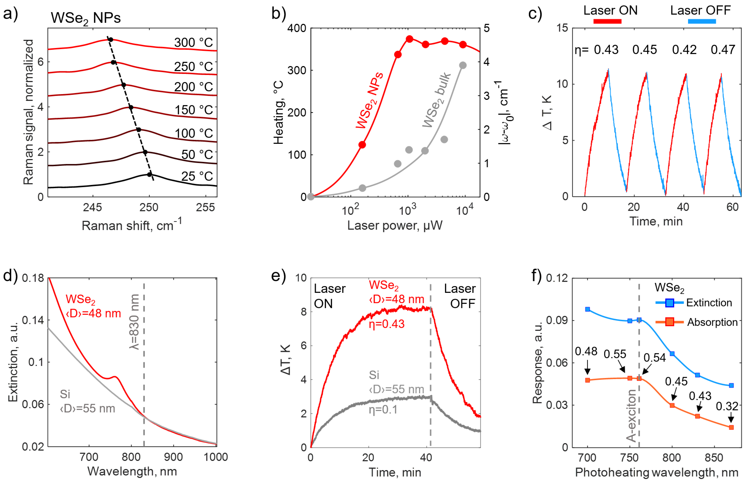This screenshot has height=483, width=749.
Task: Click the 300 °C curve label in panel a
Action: [193, 42]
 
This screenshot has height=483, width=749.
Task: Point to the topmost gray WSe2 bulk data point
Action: [463, 65]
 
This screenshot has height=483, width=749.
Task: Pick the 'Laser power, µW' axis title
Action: [395, 225]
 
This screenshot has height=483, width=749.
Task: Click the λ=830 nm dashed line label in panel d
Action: [135, 321]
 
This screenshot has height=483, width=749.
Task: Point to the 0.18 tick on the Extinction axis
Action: [33, 278]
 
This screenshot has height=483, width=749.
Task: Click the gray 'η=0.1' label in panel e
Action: [383, 410]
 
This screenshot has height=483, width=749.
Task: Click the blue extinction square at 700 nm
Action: [588, 309]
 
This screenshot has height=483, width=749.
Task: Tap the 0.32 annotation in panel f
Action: [727, 406]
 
